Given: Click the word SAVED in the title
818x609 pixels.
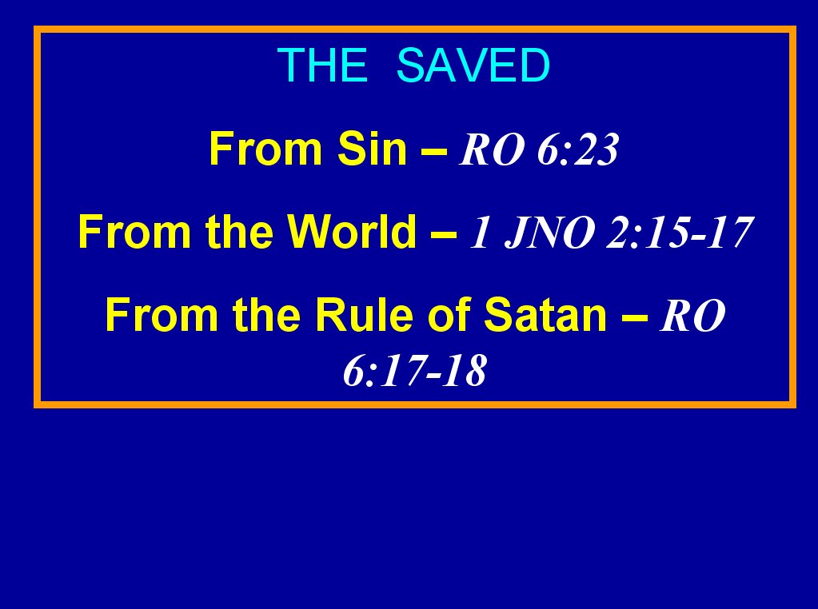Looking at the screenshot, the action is [473, 65].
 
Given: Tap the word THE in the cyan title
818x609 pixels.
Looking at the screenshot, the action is [322, 65].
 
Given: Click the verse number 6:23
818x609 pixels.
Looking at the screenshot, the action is [578, 149].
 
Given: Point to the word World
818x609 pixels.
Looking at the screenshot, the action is [352, 232].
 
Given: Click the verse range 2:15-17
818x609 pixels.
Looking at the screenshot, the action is [680, 233].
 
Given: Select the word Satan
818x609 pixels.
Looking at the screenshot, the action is [545, 314].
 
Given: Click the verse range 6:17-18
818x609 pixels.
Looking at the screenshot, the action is [415, 370].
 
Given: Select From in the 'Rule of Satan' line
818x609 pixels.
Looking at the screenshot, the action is [162, 314].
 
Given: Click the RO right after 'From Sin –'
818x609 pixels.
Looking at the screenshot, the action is [492, 149].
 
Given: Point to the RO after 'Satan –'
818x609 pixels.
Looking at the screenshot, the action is [692, 316].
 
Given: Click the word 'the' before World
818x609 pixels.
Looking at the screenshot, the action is [239, 232].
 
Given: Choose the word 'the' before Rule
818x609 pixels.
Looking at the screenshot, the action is [266, 314].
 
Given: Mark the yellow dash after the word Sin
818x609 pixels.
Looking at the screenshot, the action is [434, 151].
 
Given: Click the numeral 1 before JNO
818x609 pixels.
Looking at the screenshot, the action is [480, 233].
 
